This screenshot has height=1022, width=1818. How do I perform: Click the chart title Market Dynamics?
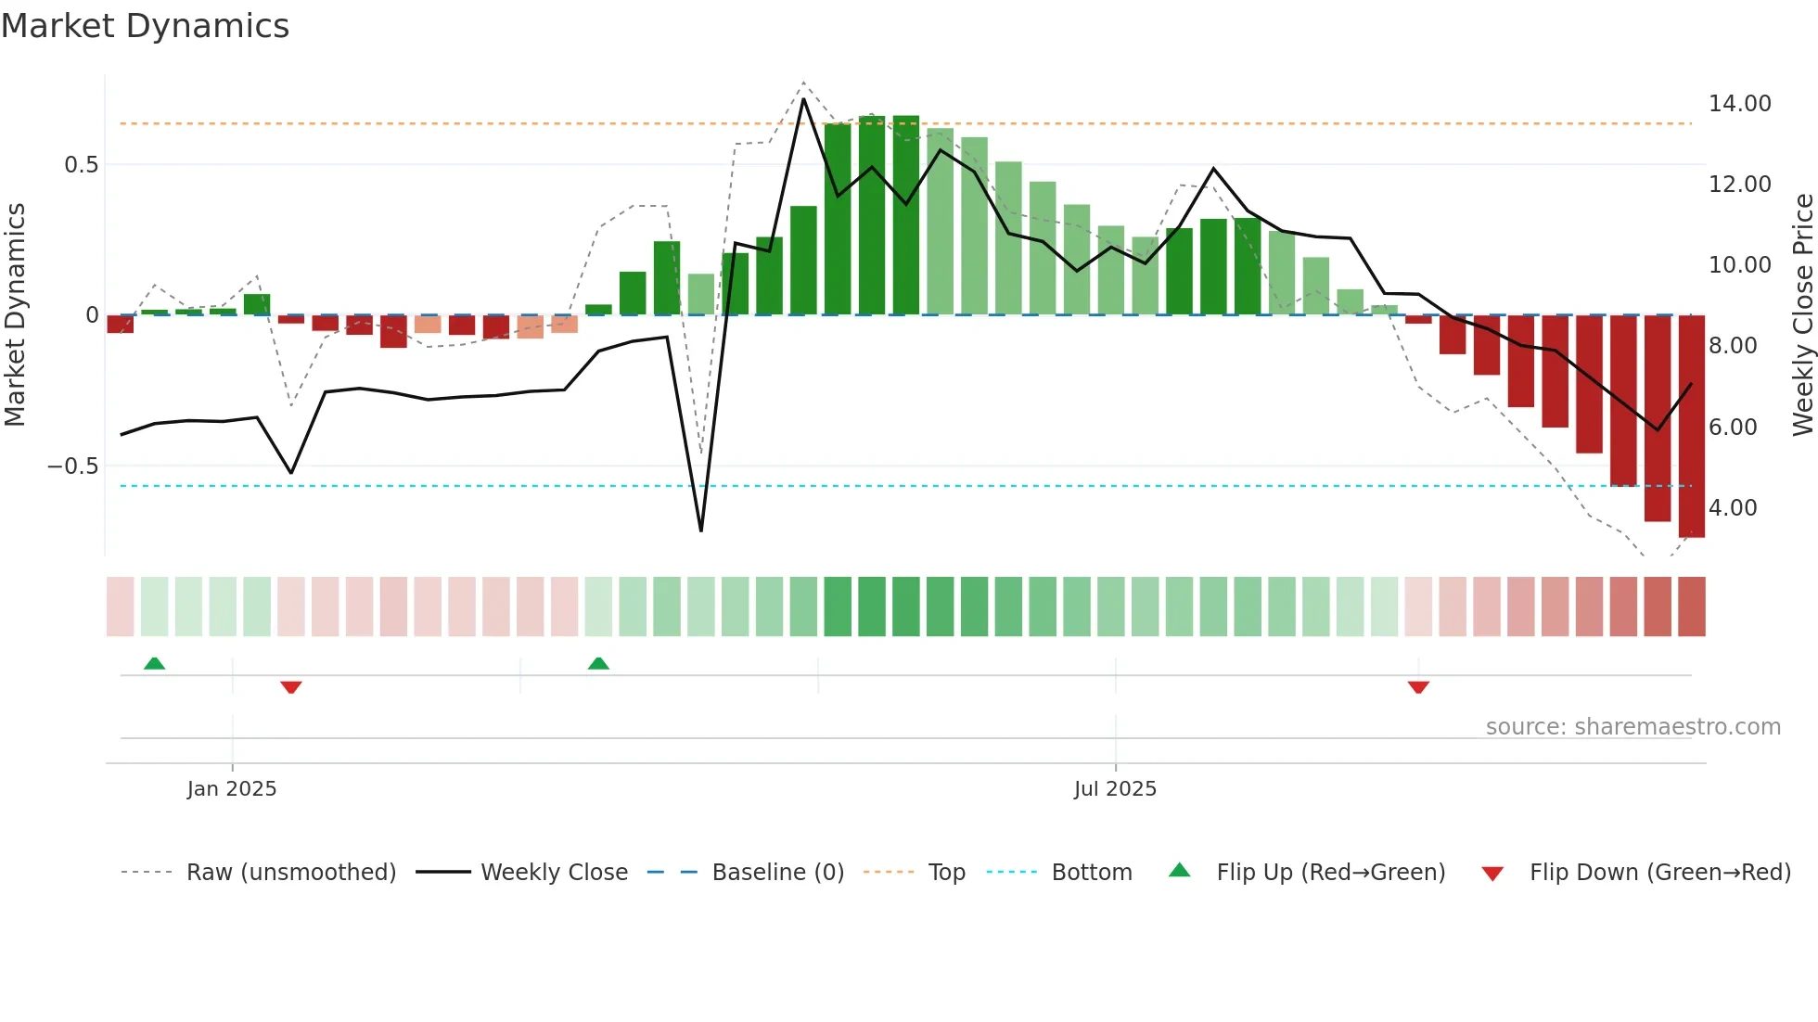[145, 26]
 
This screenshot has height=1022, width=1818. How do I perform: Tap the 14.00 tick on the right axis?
[1739, 104]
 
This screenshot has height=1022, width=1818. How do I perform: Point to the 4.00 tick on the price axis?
[1732, 508]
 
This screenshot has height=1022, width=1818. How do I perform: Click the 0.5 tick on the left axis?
[81, 165]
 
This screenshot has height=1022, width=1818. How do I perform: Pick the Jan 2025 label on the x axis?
[232, 789]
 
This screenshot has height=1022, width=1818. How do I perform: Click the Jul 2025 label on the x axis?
[1115, 789]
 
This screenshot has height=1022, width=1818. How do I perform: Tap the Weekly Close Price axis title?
[1802, 315]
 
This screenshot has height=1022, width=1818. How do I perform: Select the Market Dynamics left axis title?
[15, 315]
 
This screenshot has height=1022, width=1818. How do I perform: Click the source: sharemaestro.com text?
[1632, 727]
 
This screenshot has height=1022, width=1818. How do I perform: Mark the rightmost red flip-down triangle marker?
[1418, 687]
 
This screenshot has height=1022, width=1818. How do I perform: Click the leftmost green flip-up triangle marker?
[155, 663]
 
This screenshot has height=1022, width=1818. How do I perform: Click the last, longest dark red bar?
[1691, 427]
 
